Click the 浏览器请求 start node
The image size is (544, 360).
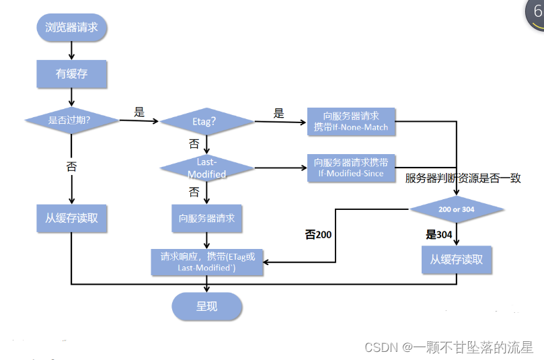(71, 28)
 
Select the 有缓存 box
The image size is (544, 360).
(71, 73)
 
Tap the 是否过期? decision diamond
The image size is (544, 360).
(71, 120)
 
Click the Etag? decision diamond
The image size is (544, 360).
(206, 121)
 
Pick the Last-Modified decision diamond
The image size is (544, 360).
(206, 168)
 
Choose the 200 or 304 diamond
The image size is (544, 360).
(457, 209)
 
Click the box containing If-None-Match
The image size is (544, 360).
(351, 121)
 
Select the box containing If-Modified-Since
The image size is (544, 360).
(351, 168)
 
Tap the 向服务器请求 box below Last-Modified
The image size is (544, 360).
(206, 219)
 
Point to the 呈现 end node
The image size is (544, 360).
(206, 306)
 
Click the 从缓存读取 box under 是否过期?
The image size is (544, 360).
(71, 218)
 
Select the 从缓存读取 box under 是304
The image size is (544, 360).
(457, 259)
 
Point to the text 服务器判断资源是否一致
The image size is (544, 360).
(463, 178)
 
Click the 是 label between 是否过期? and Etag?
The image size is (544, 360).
(139, 112)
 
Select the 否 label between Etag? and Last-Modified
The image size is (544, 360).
(194, 144)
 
